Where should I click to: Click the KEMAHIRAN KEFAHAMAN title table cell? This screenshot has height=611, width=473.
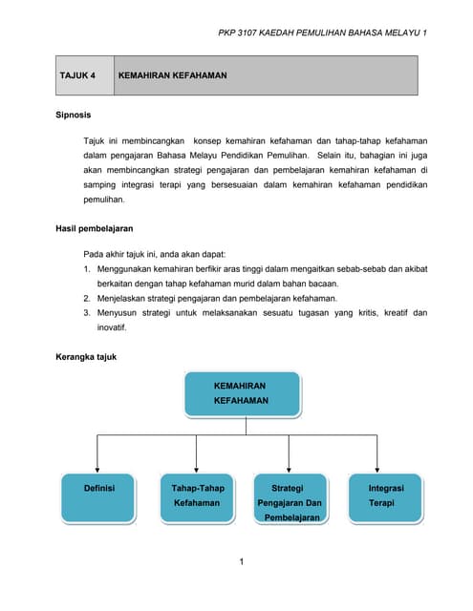172,75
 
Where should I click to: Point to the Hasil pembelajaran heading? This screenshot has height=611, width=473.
96,229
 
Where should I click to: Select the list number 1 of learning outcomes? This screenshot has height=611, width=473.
87,270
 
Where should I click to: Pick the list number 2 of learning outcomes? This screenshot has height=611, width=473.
87,299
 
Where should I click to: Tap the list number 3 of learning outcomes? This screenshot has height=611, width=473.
87,313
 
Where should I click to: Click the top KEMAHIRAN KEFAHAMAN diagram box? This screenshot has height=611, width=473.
241,393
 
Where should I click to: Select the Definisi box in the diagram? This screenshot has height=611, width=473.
99,495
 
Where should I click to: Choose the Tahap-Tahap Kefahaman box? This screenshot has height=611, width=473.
197,495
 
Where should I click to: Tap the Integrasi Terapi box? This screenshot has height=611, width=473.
385,495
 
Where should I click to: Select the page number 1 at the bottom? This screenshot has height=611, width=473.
243,561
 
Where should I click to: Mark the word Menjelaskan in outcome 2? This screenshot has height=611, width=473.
125,299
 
